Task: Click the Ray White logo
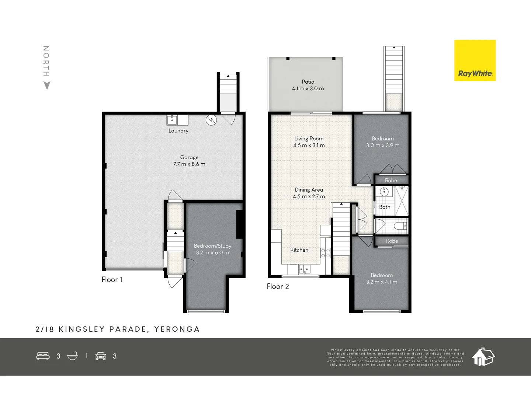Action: pyautogui.click(x=475, y=60)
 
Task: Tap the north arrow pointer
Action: pyautogui.click(x=47, y=85)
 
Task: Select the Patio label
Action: pyautogui.click(x=308, y=82)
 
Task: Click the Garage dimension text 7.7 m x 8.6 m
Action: pyautogui.click(x=189, y=164)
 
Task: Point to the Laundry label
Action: pyautogui.click(x=178, y=131)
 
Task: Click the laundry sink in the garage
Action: pyautogui.click(x=172, y=120)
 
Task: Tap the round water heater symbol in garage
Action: pyautogui.click(x=211, y=120)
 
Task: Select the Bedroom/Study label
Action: pyautogui.click(x=212, y=246)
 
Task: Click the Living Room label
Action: pyautogui.click(x=309, y=139)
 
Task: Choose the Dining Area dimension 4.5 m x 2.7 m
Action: pyautogui.click(x=309, y=196)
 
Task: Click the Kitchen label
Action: pyautogui.click(x=299, y=250)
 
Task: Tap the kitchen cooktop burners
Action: pyautogui.click(x=325, y=253)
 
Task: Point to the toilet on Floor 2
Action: pyautogui.click(x=400, y=226)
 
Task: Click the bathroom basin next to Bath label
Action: pyautogui.click(x=384, y=191)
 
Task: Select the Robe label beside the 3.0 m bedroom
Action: pyautogui.click(x=391, y=181)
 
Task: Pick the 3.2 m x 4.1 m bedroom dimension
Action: pyautogui.click(x=382, y=282)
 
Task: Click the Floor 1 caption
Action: pyautogui.click(x=112, y=280)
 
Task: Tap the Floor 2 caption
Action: pyautogui.click(x=278, y=287)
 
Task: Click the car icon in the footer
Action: pyautogui.click(x=101, y=356)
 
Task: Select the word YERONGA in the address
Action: pyautogui.click(x=177, y=329)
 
